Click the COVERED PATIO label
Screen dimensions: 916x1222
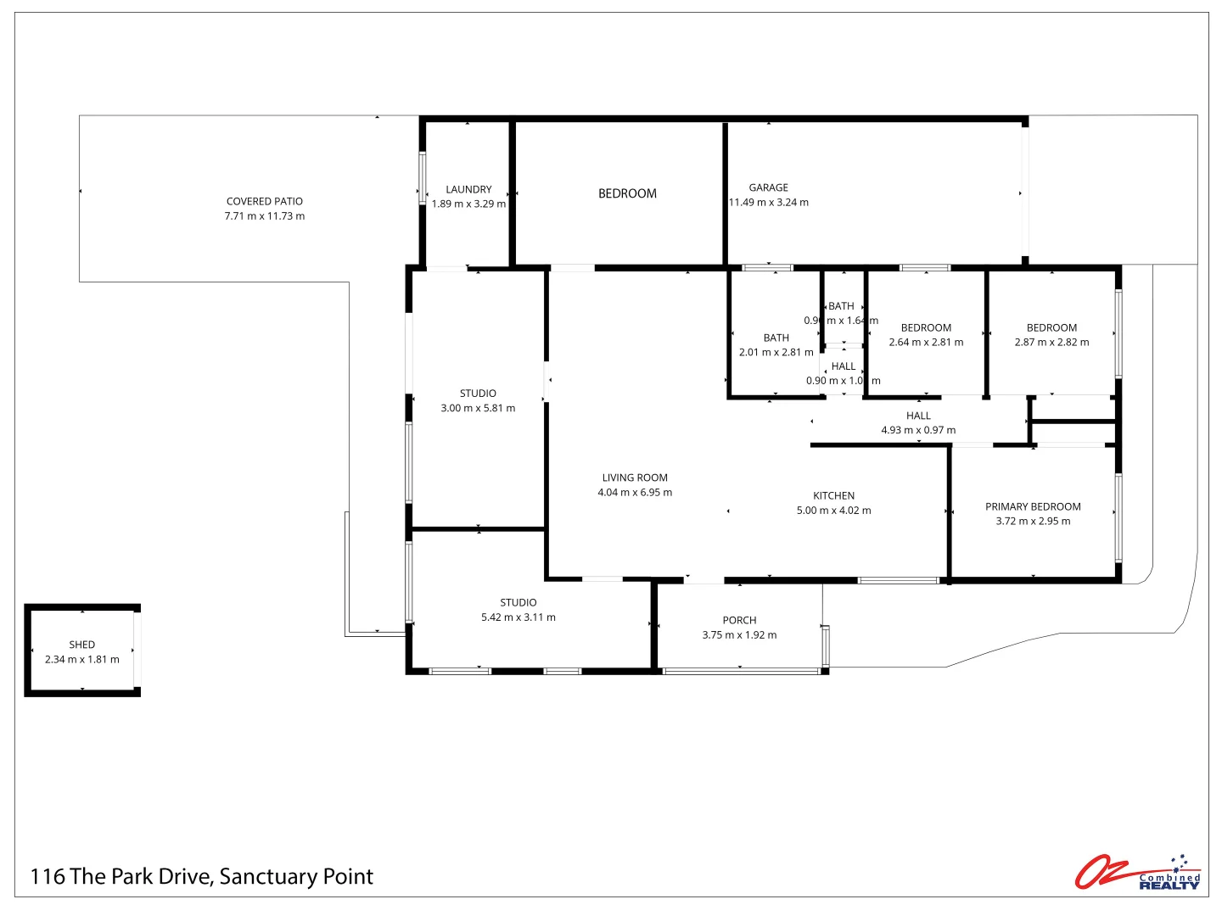(x=264, y=201)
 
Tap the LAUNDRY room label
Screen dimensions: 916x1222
(x=468, y=189)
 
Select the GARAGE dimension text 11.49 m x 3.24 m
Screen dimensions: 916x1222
(x=769, y=203)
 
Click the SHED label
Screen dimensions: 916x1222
(x=82, y=645)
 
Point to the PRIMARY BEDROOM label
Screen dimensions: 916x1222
(x=1033, y=506)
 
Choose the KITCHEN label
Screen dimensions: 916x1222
(x=833, y=495)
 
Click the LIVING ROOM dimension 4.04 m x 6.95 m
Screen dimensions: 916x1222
(x=635, y=493)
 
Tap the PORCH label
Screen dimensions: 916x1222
(x=739, y=620)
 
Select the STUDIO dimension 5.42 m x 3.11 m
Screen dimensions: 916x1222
(x=519, y=617)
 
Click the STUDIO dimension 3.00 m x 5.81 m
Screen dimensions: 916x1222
(x=478, y=408)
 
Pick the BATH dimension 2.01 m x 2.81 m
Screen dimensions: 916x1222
(x=776, y=352)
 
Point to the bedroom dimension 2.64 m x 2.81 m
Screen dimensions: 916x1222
(x=926, y=343)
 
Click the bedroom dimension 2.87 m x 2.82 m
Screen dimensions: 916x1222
(x=1051, y=343)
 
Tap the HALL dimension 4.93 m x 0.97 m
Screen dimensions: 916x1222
(x=918, y=430)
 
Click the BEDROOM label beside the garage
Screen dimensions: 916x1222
(x=627, y=193)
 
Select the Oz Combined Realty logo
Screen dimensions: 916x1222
(x=1137, y=872)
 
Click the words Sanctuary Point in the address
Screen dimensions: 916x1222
(x=296, y=877)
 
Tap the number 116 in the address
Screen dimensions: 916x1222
(x=48, y=877)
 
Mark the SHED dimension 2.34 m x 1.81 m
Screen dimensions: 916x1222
(x=82, y=660)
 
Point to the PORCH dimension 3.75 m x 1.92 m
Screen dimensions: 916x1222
(x=739, y=635)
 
